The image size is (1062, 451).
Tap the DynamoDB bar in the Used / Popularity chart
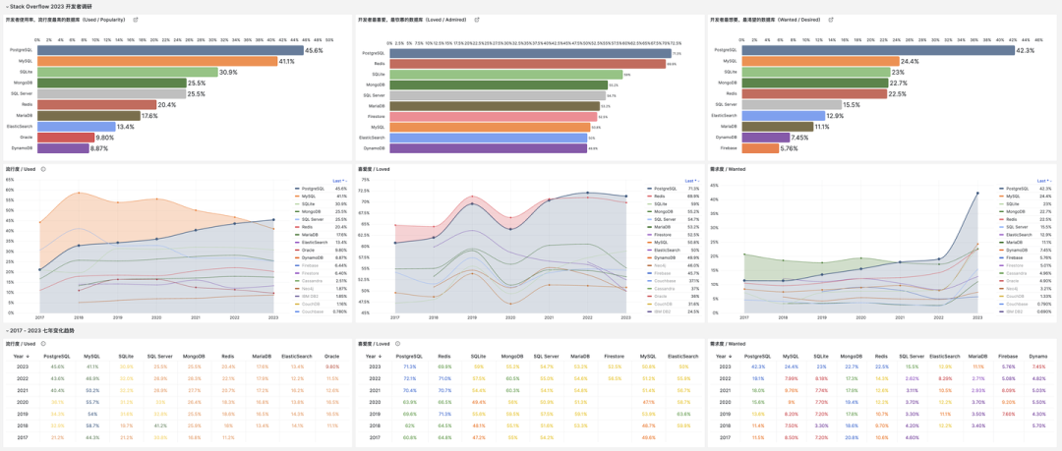coord(64,148)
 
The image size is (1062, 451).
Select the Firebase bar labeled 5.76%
coord(760,148)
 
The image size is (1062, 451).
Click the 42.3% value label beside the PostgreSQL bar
coord(1026,50)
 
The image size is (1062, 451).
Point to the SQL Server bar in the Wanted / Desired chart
coord(792,104)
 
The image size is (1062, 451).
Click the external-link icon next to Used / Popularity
coord(136,20)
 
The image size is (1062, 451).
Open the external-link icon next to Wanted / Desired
coord(831,20)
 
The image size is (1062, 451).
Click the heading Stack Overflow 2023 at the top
coord(49,6)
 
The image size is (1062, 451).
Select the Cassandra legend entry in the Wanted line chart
coord(1016,272)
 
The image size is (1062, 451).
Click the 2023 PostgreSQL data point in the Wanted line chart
coord(977,194)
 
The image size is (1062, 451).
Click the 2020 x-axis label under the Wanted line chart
coord(860,317)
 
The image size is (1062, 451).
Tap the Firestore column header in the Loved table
coord(614,356)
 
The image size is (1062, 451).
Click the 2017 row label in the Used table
coord(23,437)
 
